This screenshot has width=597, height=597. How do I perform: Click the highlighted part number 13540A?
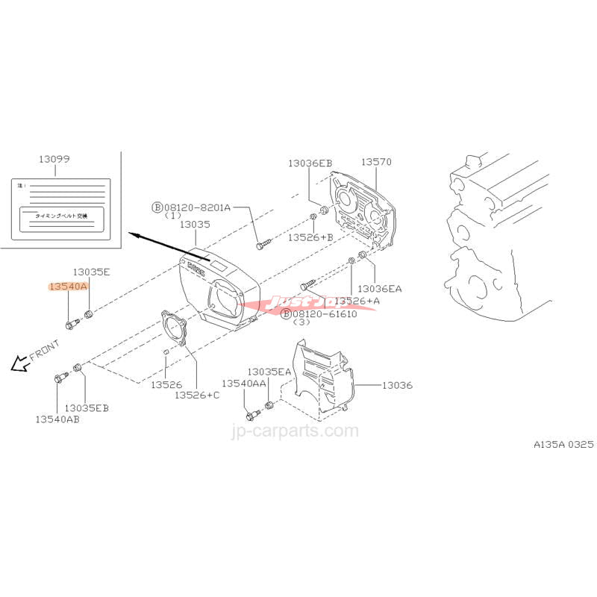click(68, 286)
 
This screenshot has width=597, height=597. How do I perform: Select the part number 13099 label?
click(55, 159)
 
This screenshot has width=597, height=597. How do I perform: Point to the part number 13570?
click(376, 161)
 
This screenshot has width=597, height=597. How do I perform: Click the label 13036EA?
click(379, 288)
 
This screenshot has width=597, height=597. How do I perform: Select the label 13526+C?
click(197, 395)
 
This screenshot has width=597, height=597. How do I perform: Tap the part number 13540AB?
click(57, 419)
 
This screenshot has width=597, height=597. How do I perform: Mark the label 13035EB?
click(87, 407)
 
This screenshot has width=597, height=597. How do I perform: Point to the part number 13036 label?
click(397, 385)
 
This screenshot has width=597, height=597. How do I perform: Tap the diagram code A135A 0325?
click(563, 444)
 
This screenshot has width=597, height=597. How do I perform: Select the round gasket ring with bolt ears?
click(175, 330)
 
